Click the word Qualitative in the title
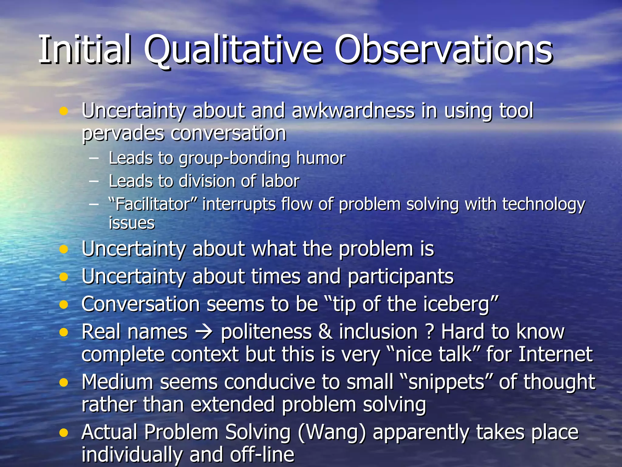232,50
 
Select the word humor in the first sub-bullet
321,158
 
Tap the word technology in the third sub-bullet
543,205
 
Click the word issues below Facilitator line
132,223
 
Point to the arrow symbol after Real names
204,332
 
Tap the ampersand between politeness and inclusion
325,332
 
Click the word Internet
555,355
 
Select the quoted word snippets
446,382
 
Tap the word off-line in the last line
262,455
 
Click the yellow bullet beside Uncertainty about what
63,250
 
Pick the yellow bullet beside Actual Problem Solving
63,432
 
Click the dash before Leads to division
94,181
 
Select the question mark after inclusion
429,332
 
